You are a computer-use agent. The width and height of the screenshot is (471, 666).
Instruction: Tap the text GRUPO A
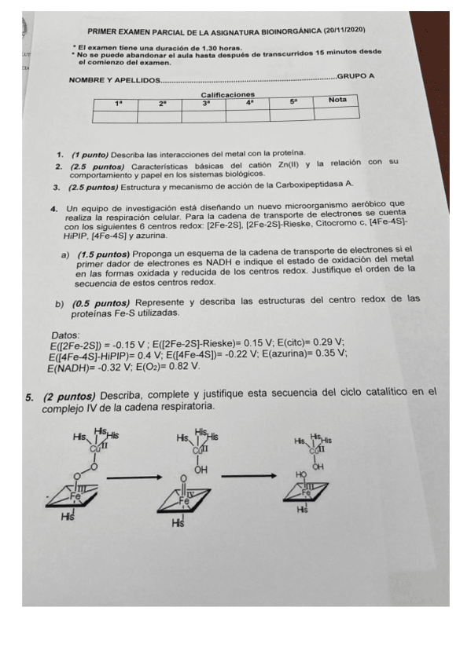[x=355, y=76]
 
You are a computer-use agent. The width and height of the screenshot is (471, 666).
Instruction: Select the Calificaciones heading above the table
[x=228, y=94]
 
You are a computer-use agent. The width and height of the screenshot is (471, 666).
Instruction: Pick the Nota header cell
[x=337, y=100]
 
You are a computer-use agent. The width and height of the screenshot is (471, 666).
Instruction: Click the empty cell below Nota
[x=337, y=114]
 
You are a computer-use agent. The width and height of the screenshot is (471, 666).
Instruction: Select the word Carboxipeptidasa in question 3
[x=306, y=185]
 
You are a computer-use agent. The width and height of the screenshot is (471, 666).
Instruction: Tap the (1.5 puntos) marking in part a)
[x=103, y=254]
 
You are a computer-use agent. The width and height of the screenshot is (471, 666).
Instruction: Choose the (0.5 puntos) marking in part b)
[x=101, y=303]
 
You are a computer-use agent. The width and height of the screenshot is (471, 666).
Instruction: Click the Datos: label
[x=64, y=335]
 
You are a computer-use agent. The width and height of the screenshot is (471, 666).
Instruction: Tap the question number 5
[x=29, y=393]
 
